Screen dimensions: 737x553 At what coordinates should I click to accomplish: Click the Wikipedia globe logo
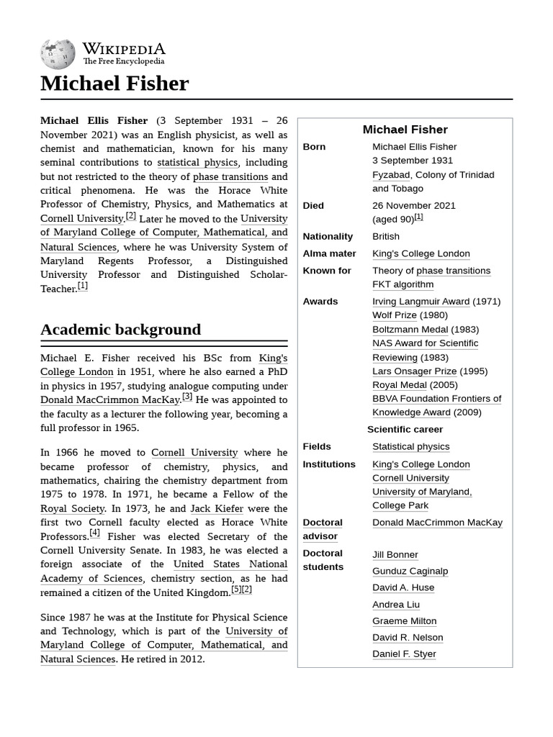(x=58, y=53)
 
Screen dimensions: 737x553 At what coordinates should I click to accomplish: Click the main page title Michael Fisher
(x=114, y=83)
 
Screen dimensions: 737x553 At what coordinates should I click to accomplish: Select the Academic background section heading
(x=120, y=330)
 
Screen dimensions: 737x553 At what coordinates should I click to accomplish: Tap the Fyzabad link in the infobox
(x=391, y=175)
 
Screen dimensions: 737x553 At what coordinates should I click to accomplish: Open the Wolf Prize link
(x=394, y=315)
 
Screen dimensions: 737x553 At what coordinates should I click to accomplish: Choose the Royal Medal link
(x=399, y=385)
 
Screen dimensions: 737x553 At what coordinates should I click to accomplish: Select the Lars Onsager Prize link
(x=414, y=371)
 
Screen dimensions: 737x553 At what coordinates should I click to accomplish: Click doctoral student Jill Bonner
(x=395, y=555)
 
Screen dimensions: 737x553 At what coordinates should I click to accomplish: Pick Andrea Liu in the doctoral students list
(x=395, y=605)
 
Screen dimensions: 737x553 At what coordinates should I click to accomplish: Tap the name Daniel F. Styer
(x=404, y=654)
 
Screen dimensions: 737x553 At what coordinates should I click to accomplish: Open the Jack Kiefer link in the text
(x=217, y=508)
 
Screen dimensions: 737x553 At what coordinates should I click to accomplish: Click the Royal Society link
(x=73, y=508)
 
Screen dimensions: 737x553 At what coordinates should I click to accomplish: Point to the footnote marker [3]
(x=187, y=397)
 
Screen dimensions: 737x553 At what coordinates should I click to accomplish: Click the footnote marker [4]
(x=95, y=533)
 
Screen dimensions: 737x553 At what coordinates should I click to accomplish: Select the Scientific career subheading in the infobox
(x=405, y=430)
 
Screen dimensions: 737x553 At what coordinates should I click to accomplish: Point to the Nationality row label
(x=328, y=237)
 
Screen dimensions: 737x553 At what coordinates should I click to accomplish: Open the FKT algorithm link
(x=403, y=284)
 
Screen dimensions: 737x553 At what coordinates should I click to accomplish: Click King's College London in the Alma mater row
(x=421, y=253)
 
